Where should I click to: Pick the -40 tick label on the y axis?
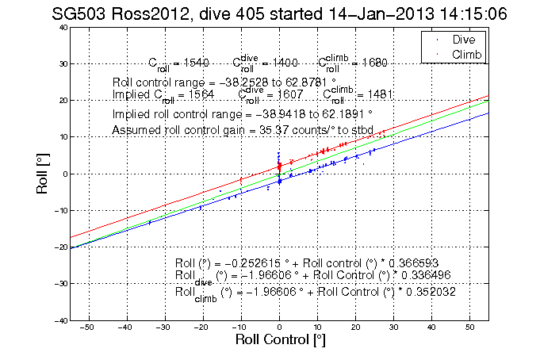click(x=59, y=320)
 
